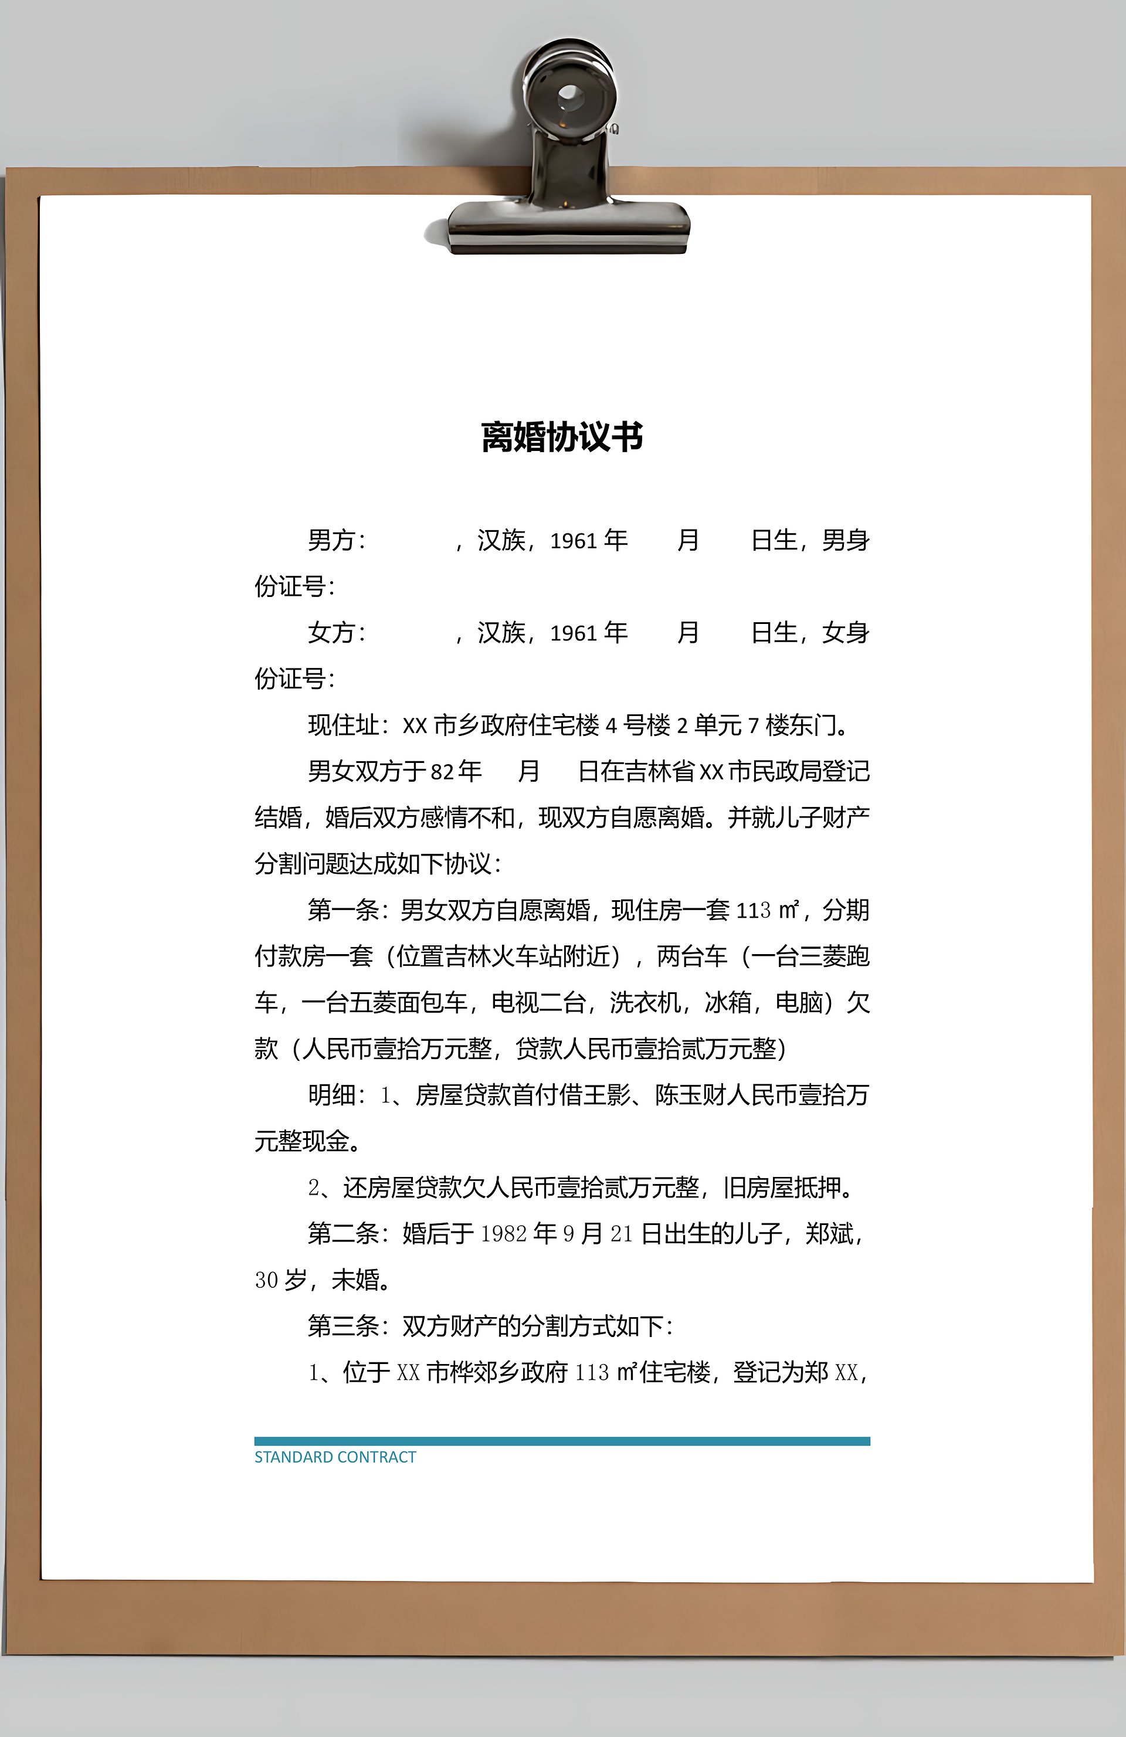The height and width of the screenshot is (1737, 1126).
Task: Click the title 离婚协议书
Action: pos(562,437)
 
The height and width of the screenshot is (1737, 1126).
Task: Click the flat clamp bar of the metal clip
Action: pos(568,222)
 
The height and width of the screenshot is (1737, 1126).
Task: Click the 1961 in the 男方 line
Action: pos(574,541)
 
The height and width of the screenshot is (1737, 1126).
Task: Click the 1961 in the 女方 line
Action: pos(574,633)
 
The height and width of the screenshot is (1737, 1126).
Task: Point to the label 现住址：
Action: pos(353,725)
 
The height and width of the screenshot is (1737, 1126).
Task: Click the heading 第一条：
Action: pos(352,910)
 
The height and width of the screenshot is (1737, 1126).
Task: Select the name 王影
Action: pos(606,1095)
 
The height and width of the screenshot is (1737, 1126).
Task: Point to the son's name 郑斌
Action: pos(829,1233)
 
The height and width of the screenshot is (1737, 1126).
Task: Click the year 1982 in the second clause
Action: pos(504,1233)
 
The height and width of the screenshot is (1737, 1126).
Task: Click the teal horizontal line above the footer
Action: pos(562,1441)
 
